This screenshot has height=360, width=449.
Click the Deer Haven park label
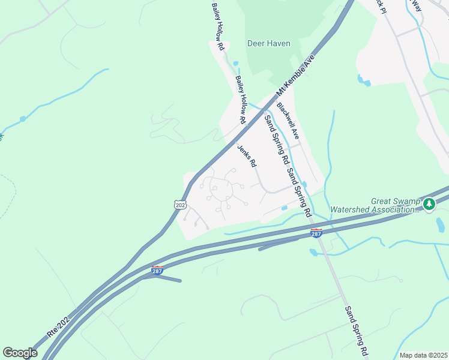tap(268, 43)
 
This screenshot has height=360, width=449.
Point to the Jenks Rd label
tap(247, 156)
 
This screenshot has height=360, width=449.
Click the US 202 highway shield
tap(180, 205)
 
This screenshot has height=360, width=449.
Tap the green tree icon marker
tap(429, 205)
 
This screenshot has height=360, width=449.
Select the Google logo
tap(20, 353)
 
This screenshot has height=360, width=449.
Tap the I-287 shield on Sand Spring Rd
tap(317, 233)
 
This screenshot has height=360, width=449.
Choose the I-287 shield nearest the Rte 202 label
tap(157, 271)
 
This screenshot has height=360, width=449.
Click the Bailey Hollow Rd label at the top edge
tap(217, 26)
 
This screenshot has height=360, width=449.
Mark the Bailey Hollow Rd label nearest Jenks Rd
tap(241, 100)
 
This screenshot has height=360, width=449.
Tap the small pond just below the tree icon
tap(440, 225)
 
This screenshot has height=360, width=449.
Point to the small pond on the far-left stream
tap(23, 119)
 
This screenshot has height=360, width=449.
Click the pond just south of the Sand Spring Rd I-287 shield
tap(313, 253)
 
